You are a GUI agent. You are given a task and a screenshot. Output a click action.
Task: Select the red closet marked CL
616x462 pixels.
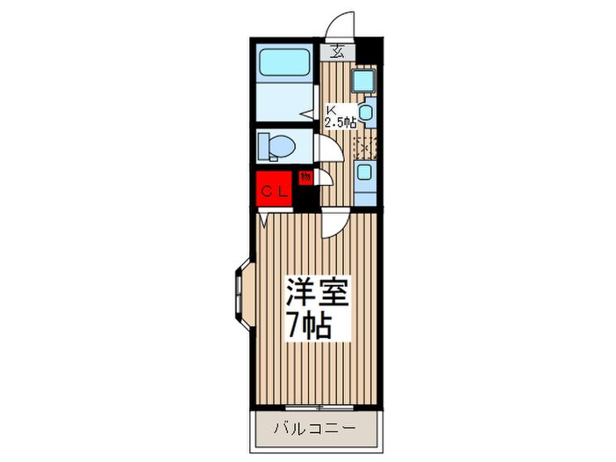[272, 191]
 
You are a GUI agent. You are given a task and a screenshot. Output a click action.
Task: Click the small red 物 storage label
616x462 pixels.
[304, 177]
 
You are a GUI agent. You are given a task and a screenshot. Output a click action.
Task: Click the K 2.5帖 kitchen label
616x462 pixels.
[341, 117]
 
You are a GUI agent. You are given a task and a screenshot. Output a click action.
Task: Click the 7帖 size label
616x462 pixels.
[309, 326]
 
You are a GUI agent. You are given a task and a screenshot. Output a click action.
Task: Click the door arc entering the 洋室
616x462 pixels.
[334, 224]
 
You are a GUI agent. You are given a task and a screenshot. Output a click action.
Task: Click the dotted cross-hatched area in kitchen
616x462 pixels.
[363, 146]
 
